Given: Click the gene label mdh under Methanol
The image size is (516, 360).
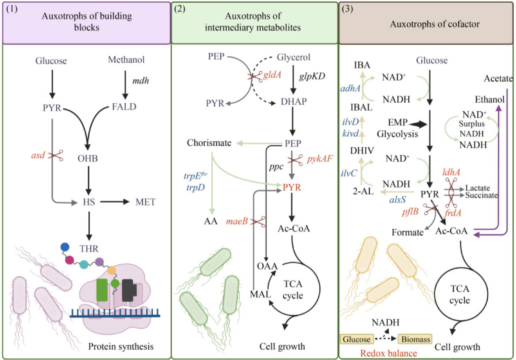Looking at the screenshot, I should coord(140,81).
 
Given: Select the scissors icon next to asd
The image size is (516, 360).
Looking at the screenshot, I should coord(56,155).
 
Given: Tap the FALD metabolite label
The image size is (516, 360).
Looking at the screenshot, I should coord(124,107).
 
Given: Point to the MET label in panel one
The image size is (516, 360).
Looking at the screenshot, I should coord(145,202).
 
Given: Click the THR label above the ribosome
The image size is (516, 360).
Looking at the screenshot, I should coord(89,248).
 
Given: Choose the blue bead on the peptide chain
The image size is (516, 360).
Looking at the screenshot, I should coord(65,247).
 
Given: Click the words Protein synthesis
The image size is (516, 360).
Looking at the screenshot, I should coord(121,346).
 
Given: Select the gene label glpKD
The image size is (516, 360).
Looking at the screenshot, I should coord(312,76).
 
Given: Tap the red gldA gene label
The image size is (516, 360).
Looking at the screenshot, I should coord(272,75).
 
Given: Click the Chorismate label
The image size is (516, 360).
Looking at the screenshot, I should coord(209,143).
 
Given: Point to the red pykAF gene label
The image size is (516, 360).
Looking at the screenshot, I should coord(320,160).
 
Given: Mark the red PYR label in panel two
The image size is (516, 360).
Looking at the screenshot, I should coord(292,188).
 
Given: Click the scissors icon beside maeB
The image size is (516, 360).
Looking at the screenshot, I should coord(258,221).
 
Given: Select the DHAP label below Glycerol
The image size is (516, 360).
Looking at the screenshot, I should coord(294,101).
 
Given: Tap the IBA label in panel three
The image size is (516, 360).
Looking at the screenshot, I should coord(362,65).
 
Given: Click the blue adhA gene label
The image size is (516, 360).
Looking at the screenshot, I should coord(350,88).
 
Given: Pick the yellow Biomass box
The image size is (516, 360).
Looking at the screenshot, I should coord(415,339).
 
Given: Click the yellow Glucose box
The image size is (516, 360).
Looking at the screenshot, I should coord(356,339).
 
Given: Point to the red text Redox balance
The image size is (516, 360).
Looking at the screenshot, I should coord(388,353).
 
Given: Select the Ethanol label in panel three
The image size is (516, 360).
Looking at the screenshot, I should coord(489,99).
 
